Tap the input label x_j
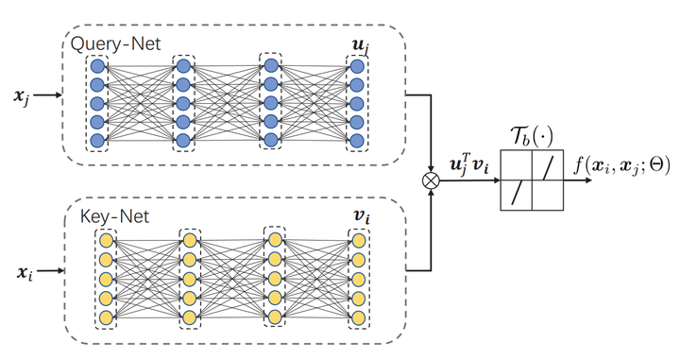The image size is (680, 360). [20, 96]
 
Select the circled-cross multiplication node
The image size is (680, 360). [433, 178]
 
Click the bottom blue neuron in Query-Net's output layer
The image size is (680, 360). [356, 141]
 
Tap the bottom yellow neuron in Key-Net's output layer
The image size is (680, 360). [359, 317]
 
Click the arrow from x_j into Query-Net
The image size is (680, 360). [47, 96]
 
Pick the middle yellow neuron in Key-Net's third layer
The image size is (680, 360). [275, 278]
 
